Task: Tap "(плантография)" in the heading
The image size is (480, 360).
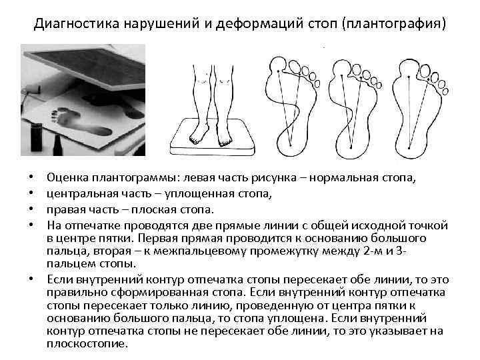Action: [393, 25]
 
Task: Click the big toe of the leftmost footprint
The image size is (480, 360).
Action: [277, 65]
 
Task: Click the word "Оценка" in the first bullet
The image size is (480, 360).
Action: [67, 179]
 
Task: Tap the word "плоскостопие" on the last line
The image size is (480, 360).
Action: [87, 344]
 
